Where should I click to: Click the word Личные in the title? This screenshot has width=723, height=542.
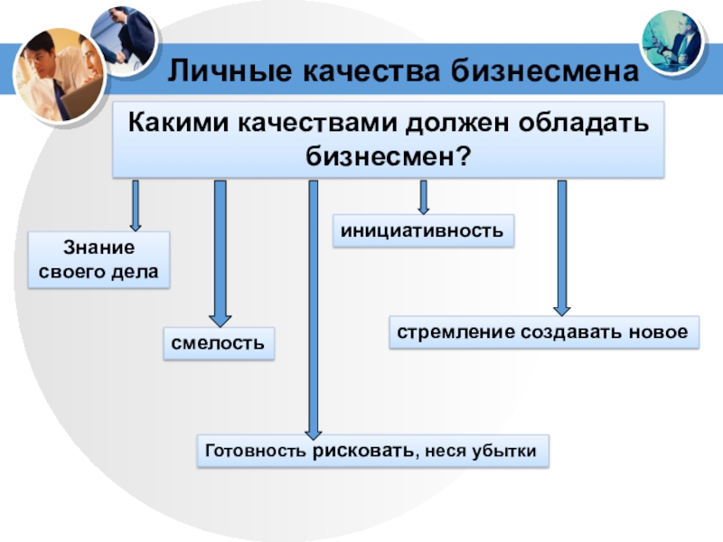230,71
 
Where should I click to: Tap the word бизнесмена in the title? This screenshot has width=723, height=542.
546,70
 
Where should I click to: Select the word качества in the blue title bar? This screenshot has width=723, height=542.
371,71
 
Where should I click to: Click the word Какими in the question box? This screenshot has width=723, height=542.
178,123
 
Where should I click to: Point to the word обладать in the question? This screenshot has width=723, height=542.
584,123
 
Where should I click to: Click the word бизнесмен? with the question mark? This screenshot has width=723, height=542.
389,155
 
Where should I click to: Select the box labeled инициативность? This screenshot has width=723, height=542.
423,230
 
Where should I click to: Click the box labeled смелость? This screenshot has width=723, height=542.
219,343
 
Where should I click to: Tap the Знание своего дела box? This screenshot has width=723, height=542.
99,260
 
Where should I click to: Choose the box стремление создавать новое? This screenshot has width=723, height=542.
544,332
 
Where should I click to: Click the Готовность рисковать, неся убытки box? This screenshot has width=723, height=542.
373,451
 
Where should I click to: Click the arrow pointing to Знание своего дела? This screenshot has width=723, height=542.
136,206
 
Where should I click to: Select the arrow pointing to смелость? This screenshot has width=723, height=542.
221,254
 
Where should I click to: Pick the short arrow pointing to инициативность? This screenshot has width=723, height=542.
423,197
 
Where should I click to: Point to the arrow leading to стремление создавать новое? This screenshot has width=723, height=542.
562,248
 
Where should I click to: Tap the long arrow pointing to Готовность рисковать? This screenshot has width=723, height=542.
314,310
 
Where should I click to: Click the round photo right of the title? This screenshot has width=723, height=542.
672,42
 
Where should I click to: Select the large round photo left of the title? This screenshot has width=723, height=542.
60,76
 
